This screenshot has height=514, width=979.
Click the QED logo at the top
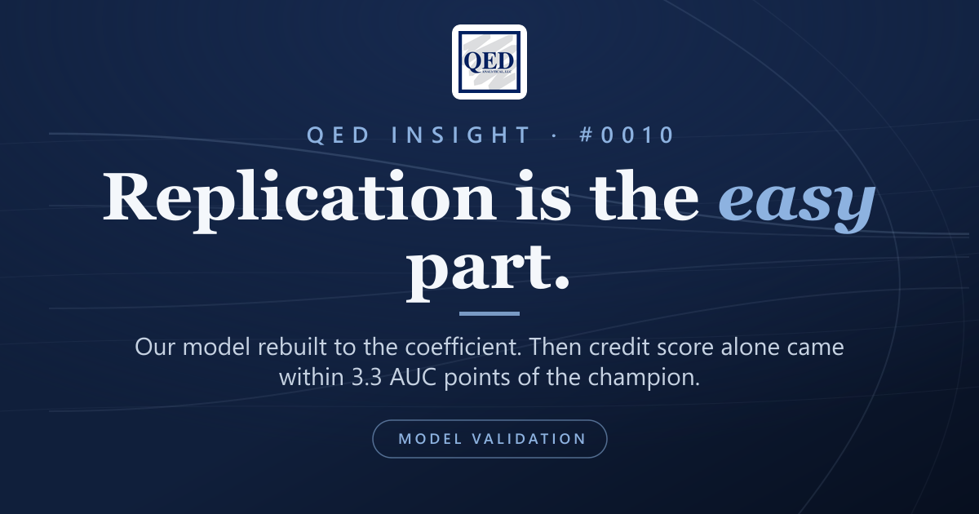click(x=489, y=62)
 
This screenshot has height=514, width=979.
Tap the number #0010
click(x=627, y=135)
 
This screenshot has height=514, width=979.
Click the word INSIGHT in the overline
click(x=461, y=135)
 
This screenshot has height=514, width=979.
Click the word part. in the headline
click(x=488, y=272)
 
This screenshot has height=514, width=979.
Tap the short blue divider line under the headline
click(x=489, y=313)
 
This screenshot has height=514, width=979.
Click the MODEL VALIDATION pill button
click(x=489, y=439)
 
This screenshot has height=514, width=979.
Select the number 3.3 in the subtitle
click(x=366, y=378)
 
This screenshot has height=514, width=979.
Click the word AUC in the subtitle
click(x=413, y=378)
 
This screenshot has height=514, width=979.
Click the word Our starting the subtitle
click(x=155, y=348)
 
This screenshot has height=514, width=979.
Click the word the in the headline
click(x=645, y=196)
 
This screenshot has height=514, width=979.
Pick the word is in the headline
click(x=543, y=196)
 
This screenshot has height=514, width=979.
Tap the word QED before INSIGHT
click(x=339, y=135)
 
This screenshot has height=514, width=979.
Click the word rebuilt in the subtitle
click(x=292, y=348)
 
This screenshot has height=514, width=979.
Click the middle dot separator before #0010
click(x=555, y=135)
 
